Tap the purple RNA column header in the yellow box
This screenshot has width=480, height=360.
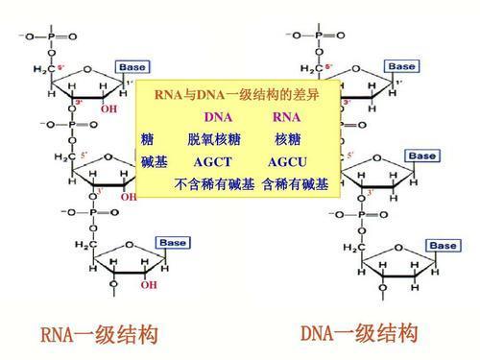point(287,117)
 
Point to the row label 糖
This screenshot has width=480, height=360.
point(147,139)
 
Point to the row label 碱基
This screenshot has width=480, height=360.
point(154,161)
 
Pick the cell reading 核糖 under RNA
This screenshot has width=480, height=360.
point(287,139)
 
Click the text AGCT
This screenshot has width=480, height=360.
point(214,161)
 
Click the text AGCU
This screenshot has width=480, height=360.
point(287,161)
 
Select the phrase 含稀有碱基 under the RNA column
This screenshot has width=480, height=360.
point(295,182)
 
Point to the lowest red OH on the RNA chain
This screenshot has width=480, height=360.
point(148,285)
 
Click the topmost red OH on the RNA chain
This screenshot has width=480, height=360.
point(108,108)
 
